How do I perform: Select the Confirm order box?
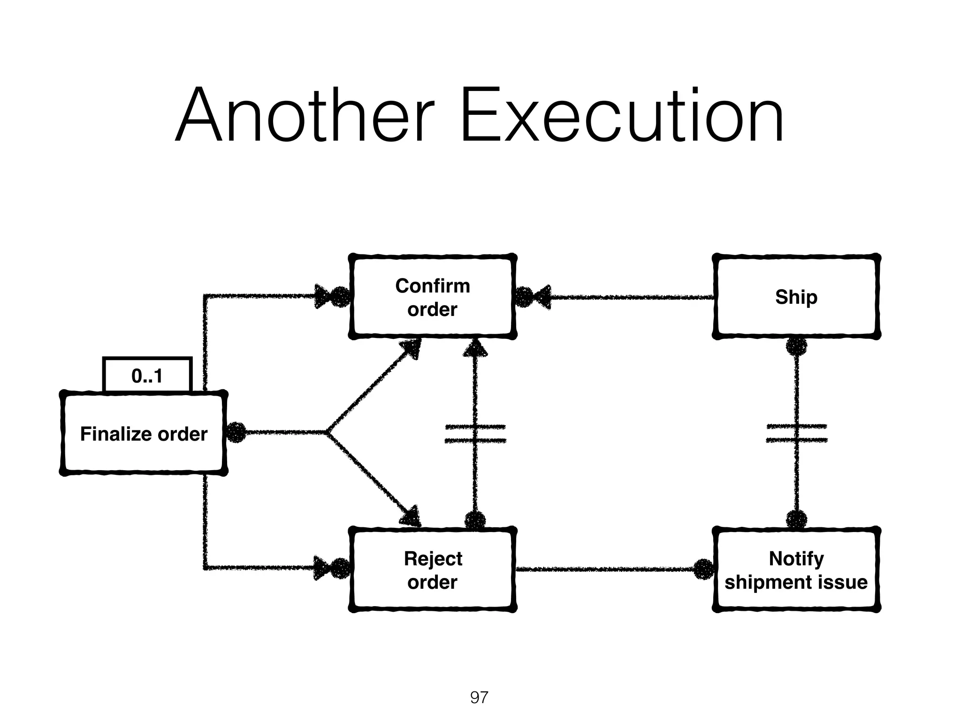[432, 297]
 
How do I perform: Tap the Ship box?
[796, 297]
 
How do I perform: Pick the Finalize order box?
[144, 434]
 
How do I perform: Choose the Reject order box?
[432, 570]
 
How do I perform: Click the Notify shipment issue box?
[796, 570]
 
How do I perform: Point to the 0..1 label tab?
[147, 375]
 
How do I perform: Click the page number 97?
[479, 697]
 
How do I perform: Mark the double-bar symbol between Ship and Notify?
[796, 433]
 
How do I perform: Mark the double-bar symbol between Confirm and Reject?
[475, 434]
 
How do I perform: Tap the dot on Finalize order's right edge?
[236, 433]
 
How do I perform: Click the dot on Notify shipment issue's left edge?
[703, 570]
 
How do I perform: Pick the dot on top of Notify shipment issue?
[796, 519]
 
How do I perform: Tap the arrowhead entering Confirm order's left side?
[322, 296]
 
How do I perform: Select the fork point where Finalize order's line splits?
[327, 433]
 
